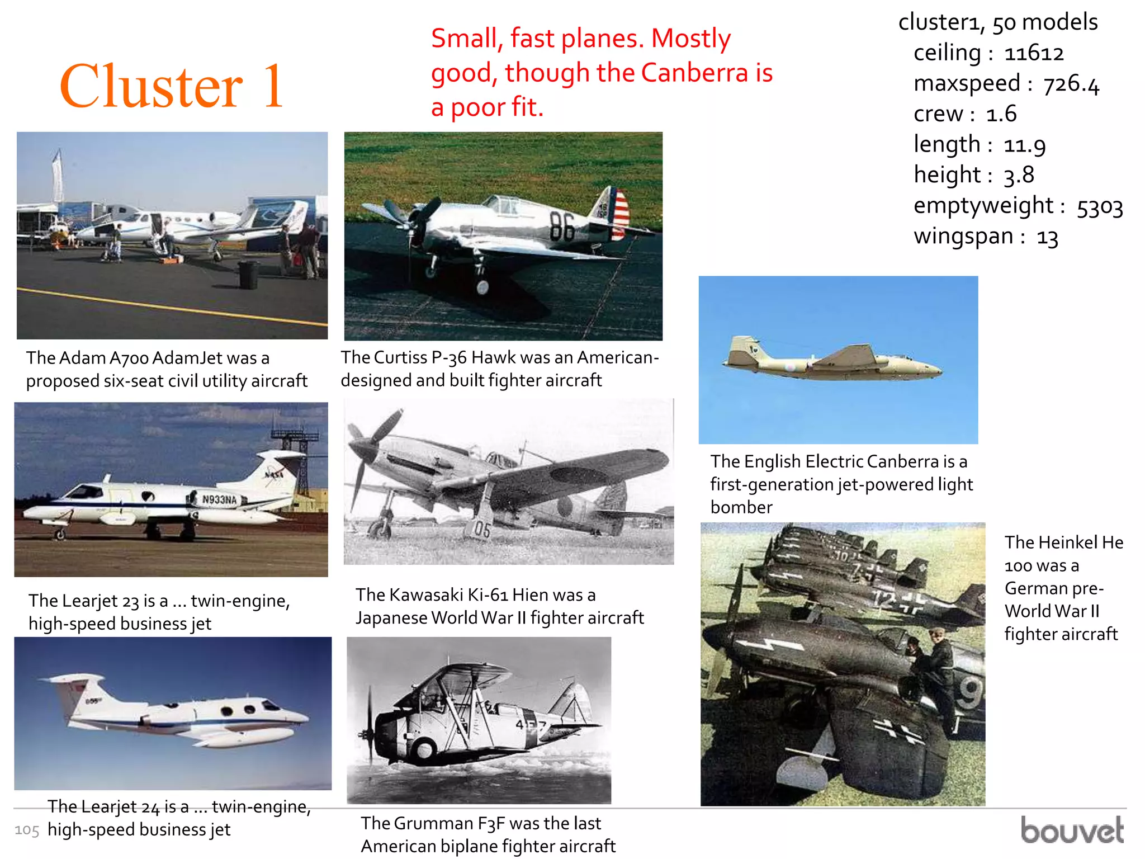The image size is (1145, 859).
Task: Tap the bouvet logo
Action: [x=1072, y=830]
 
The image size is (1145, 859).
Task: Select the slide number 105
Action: [x=27, y=830]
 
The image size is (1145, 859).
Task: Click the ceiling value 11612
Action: [x=1034, y=54]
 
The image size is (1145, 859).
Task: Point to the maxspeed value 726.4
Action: [x=1071, y=84]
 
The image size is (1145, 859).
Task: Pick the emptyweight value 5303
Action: [x=1099, y=207]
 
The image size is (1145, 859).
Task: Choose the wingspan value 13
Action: [x=1047, y=238]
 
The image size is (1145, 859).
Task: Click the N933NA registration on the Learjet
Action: [x=220, y=499]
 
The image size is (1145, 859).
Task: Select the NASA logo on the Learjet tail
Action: [x=274, y=474]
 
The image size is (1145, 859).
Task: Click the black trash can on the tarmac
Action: [x=248, y=274]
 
